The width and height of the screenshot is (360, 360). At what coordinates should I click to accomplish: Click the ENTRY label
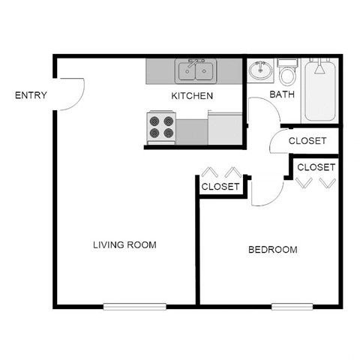point(31,95)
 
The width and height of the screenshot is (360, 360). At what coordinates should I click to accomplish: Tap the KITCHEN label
point(192,95)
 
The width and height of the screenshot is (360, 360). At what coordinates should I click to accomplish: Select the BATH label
point(282,94)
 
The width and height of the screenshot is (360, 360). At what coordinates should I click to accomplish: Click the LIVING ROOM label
point(124,244)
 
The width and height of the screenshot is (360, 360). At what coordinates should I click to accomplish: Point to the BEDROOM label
point(272,250)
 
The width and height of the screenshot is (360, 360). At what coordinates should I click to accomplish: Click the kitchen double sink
point(196,71)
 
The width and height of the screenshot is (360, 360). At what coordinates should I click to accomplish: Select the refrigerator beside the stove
point(225,127)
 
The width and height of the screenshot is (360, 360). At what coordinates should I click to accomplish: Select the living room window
point(135,305)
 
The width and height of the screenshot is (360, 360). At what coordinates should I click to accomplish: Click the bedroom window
point(292,305)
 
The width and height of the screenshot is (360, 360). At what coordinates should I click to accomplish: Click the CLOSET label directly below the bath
point(307,140)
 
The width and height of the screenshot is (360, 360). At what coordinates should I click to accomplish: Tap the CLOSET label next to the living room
point(220,186)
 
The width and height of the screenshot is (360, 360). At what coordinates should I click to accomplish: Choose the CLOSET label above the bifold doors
point(316,166)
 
